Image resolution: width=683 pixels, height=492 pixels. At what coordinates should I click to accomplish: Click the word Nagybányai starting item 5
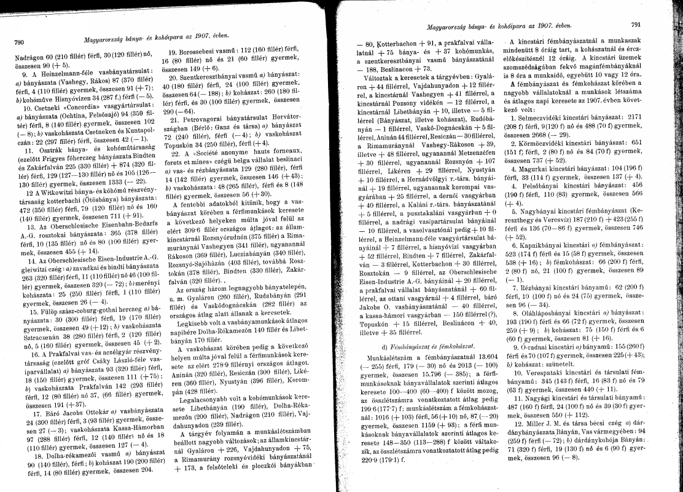point(543,210)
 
